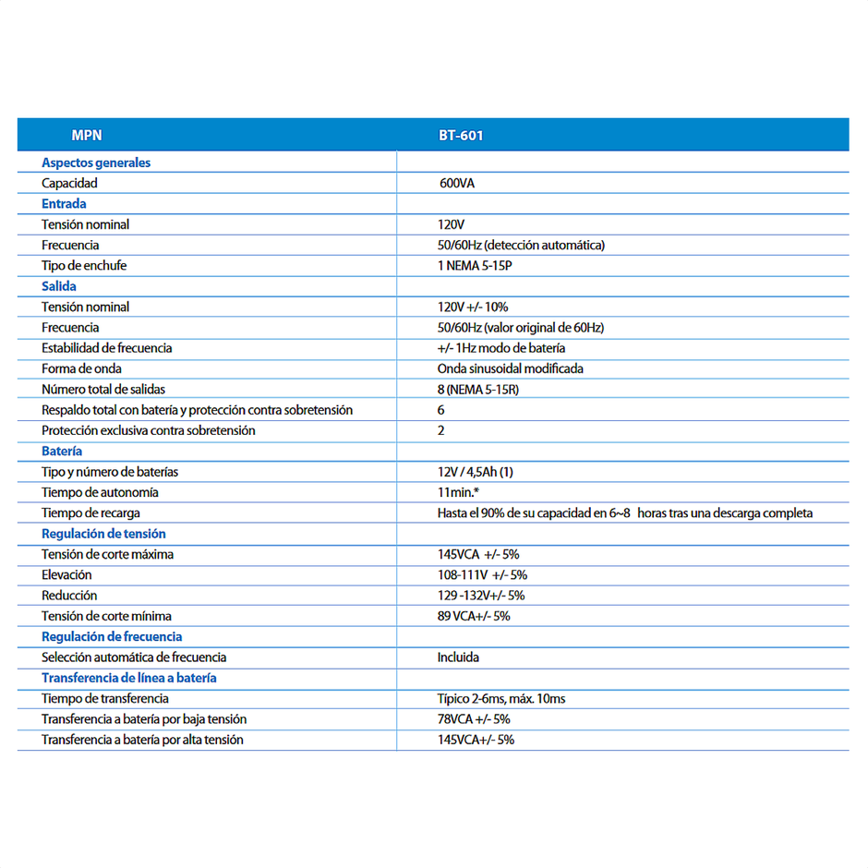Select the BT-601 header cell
pos(461,135)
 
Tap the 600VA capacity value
pos(457,184)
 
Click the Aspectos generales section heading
pos(96,163)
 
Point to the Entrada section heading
pos(64,204)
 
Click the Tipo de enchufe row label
pos(84,266)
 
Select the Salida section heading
pos(59,286)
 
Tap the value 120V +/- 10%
pos(473,307)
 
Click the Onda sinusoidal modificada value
pos(510,368)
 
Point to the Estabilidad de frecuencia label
pos(106,348)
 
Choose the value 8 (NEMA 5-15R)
pos(478,390)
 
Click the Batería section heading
pos(62,452)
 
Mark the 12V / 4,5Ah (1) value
pos(476,472)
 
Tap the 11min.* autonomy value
pos(458,492)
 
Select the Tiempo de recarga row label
pos(90,512)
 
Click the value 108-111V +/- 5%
pos(482,575)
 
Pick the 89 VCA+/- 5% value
pos(474,616)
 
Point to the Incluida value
pos(458,657)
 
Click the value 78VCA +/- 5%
pos(474,719)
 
